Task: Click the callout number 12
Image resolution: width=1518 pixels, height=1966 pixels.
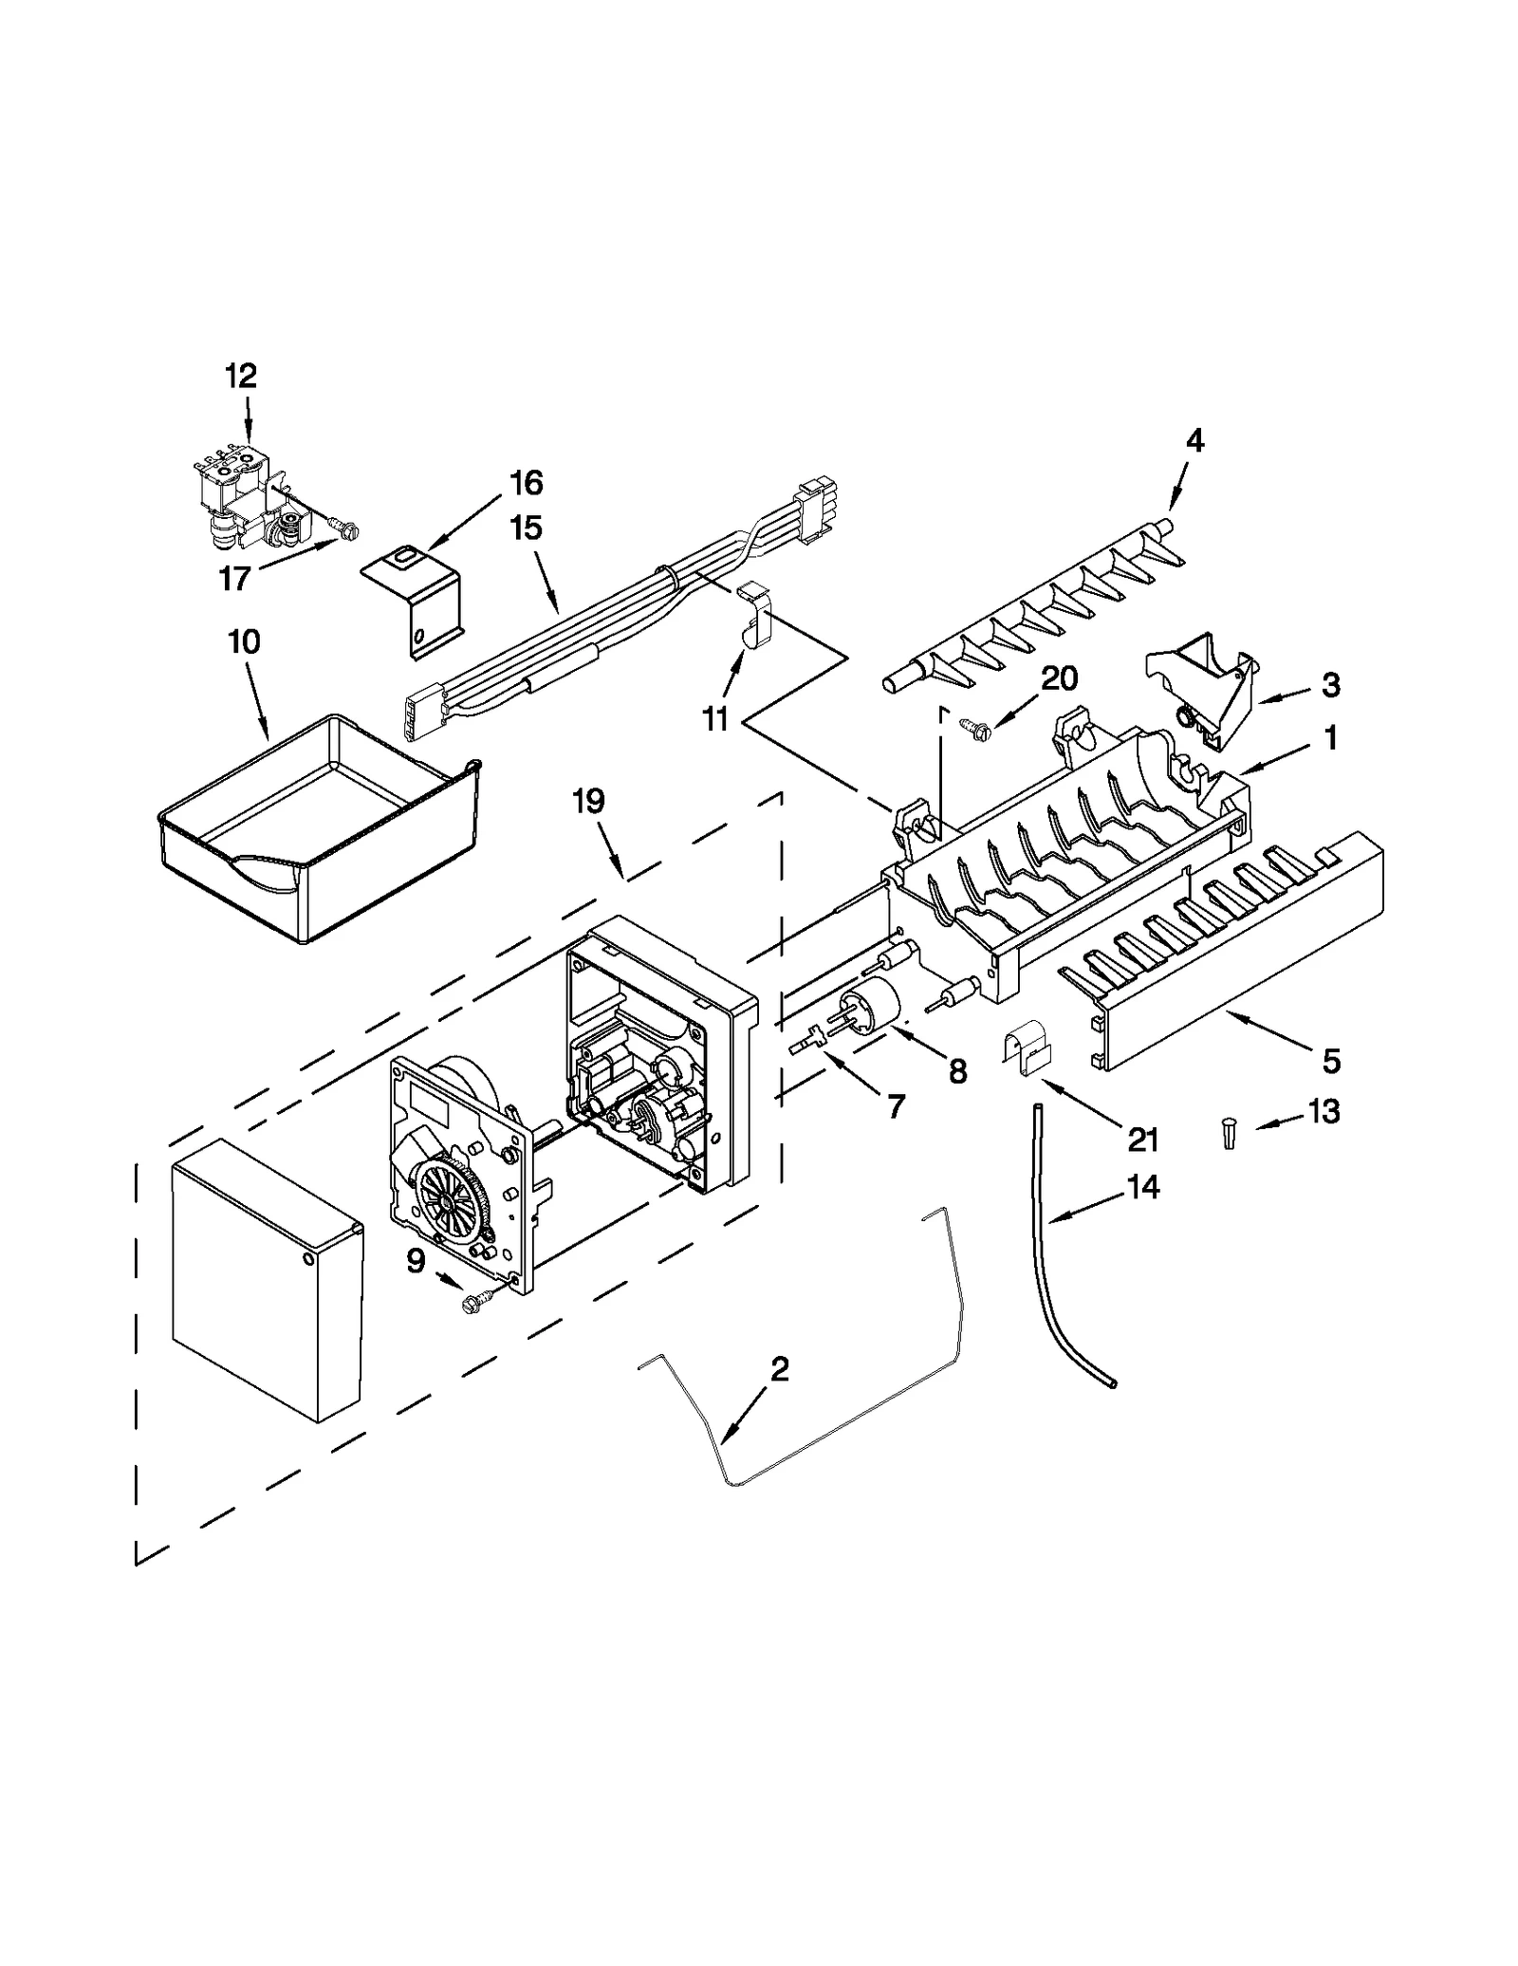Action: point(241,376)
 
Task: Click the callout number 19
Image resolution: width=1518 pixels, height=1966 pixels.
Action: point(588,801)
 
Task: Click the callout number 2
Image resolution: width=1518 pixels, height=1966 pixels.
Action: point(779,1368)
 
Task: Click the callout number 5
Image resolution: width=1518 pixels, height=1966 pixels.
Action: point(1331,1061)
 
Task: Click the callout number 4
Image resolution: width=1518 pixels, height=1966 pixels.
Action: point(1194,440)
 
